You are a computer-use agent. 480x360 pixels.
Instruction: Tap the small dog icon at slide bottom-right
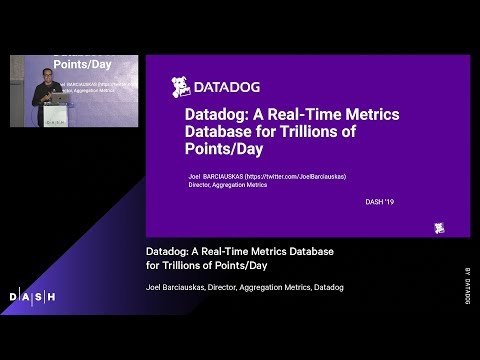[x=438, y=228]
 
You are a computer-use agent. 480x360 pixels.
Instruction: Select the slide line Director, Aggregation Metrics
[x=227, y=185]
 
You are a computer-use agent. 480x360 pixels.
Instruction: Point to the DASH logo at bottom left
[x=32, y=297]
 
